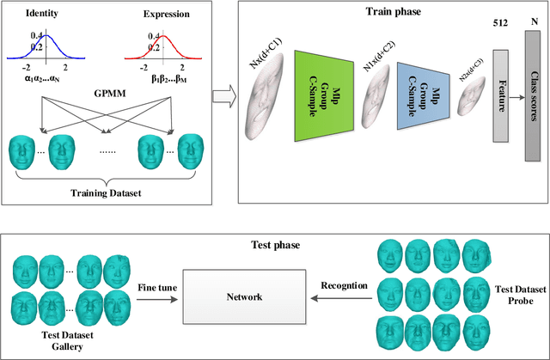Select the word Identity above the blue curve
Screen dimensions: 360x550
click(x=44, y=14)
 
